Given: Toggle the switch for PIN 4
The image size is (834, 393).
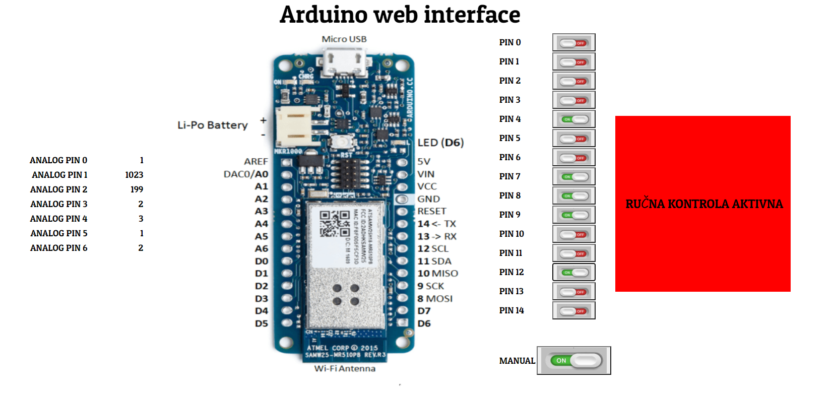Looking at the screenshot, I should pyautogui.click(x=573, y=119).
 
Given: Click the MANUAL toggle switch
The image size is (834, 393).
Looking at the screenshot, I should pyautogui.click(x=574, y=360).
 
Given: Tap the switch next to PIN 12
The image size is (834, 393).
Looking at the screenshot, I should pyautogui.click(x=573, y=273).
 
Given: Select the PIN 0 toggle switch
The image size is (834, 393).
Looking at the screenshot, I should pyautogui.click(x=573, y=43).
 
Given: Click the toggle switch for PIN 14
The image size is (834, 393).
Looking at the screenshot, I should pyautogui.click(x=573, y=311).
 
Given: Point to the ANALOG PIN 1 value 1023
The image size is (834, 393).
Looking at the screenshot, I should pyautogui.click(x=134, y=175).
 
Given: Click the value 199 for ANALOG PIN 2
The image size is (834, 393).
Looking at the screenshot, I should pyautogui.click(x=137, y=189).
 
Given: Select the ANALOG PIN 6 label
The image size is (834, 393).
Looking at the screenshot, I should pyautogui.click(x=59, y=248).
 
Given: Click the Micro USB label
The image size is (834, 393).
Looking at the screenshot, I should pyautogui.click(x=344, y=39).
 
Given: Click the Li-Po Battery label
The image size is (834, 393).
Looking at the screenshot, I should pyautogui.click(x=213, y=125).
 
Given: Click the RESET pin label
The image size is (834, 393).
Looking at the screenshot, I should pyautogui.click(x=432, y=211).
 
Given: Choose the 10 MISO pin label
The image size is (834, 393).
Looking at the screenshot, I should pyautogui.click(x=437, y=274).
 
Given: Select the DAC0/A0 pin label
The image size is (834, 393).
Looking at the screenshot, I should pyautogui.click(x=246, y=174).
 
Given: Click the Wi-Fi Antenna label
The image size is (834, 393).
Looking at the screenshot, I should pyautogui.click(x=345, y=369).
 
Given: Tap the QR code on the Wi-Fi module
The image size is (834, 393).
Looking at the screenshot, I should pyautogui.click(x=335, y=224).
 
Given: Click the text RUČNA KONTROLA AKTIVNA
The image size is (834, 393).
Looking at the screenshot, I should pyautogui.click(x=704, y=204).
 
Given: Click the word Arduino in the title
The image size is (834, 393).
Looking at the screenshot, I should pyautogui.click(x=324, y=15).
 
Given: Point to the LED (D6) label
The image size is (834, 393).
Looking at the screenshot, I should pyautogui.click(x=440, y=143).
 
